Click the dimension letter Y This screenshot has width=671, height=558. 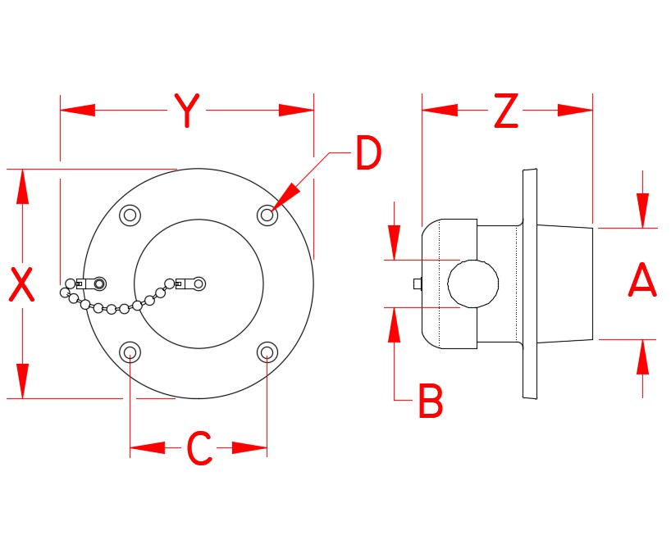click(187, 111)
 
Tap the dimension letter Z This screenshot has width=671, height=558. click(506, 111)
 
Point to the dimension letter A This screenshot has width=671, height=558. click(642, 282)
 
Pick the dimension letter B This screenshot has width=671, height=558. click(430, 401)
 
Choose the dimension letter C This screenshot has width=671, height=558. click(199, 448)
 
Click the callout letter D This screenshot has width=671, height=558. click(368, 153)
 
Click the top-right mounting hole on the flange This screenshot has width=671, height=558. click(267, 215)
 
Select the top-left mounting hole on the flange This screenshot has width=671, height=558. click(130, 215)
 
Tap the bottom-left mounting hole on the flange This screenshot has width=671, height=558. click(130, 352)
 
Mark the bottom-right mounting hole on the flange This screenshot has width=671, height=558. click(267, 352)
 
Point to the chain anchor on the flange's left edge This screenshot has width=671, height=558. click(99, 284)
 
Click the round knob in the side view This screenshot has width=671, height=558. click(473, 284)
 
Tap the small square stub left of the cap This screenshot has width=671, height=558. click(417, 284)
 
